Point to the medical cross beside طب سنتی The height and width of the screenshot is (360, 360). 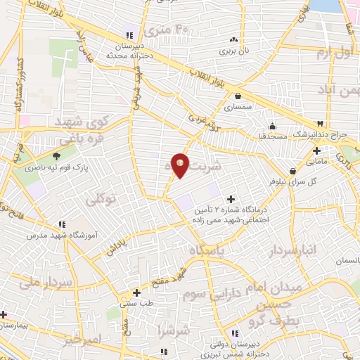pos(137,292)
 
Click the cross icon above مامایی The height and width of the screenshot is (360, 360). pos(317,150)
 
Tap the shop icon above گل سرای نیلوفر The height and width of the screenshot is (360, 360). pos(292,170)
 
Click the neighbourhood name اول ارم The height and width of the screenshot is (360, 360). pos(333,53)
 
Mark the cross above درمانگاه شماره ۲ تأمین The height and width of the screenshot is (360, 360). pos(230,200)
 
